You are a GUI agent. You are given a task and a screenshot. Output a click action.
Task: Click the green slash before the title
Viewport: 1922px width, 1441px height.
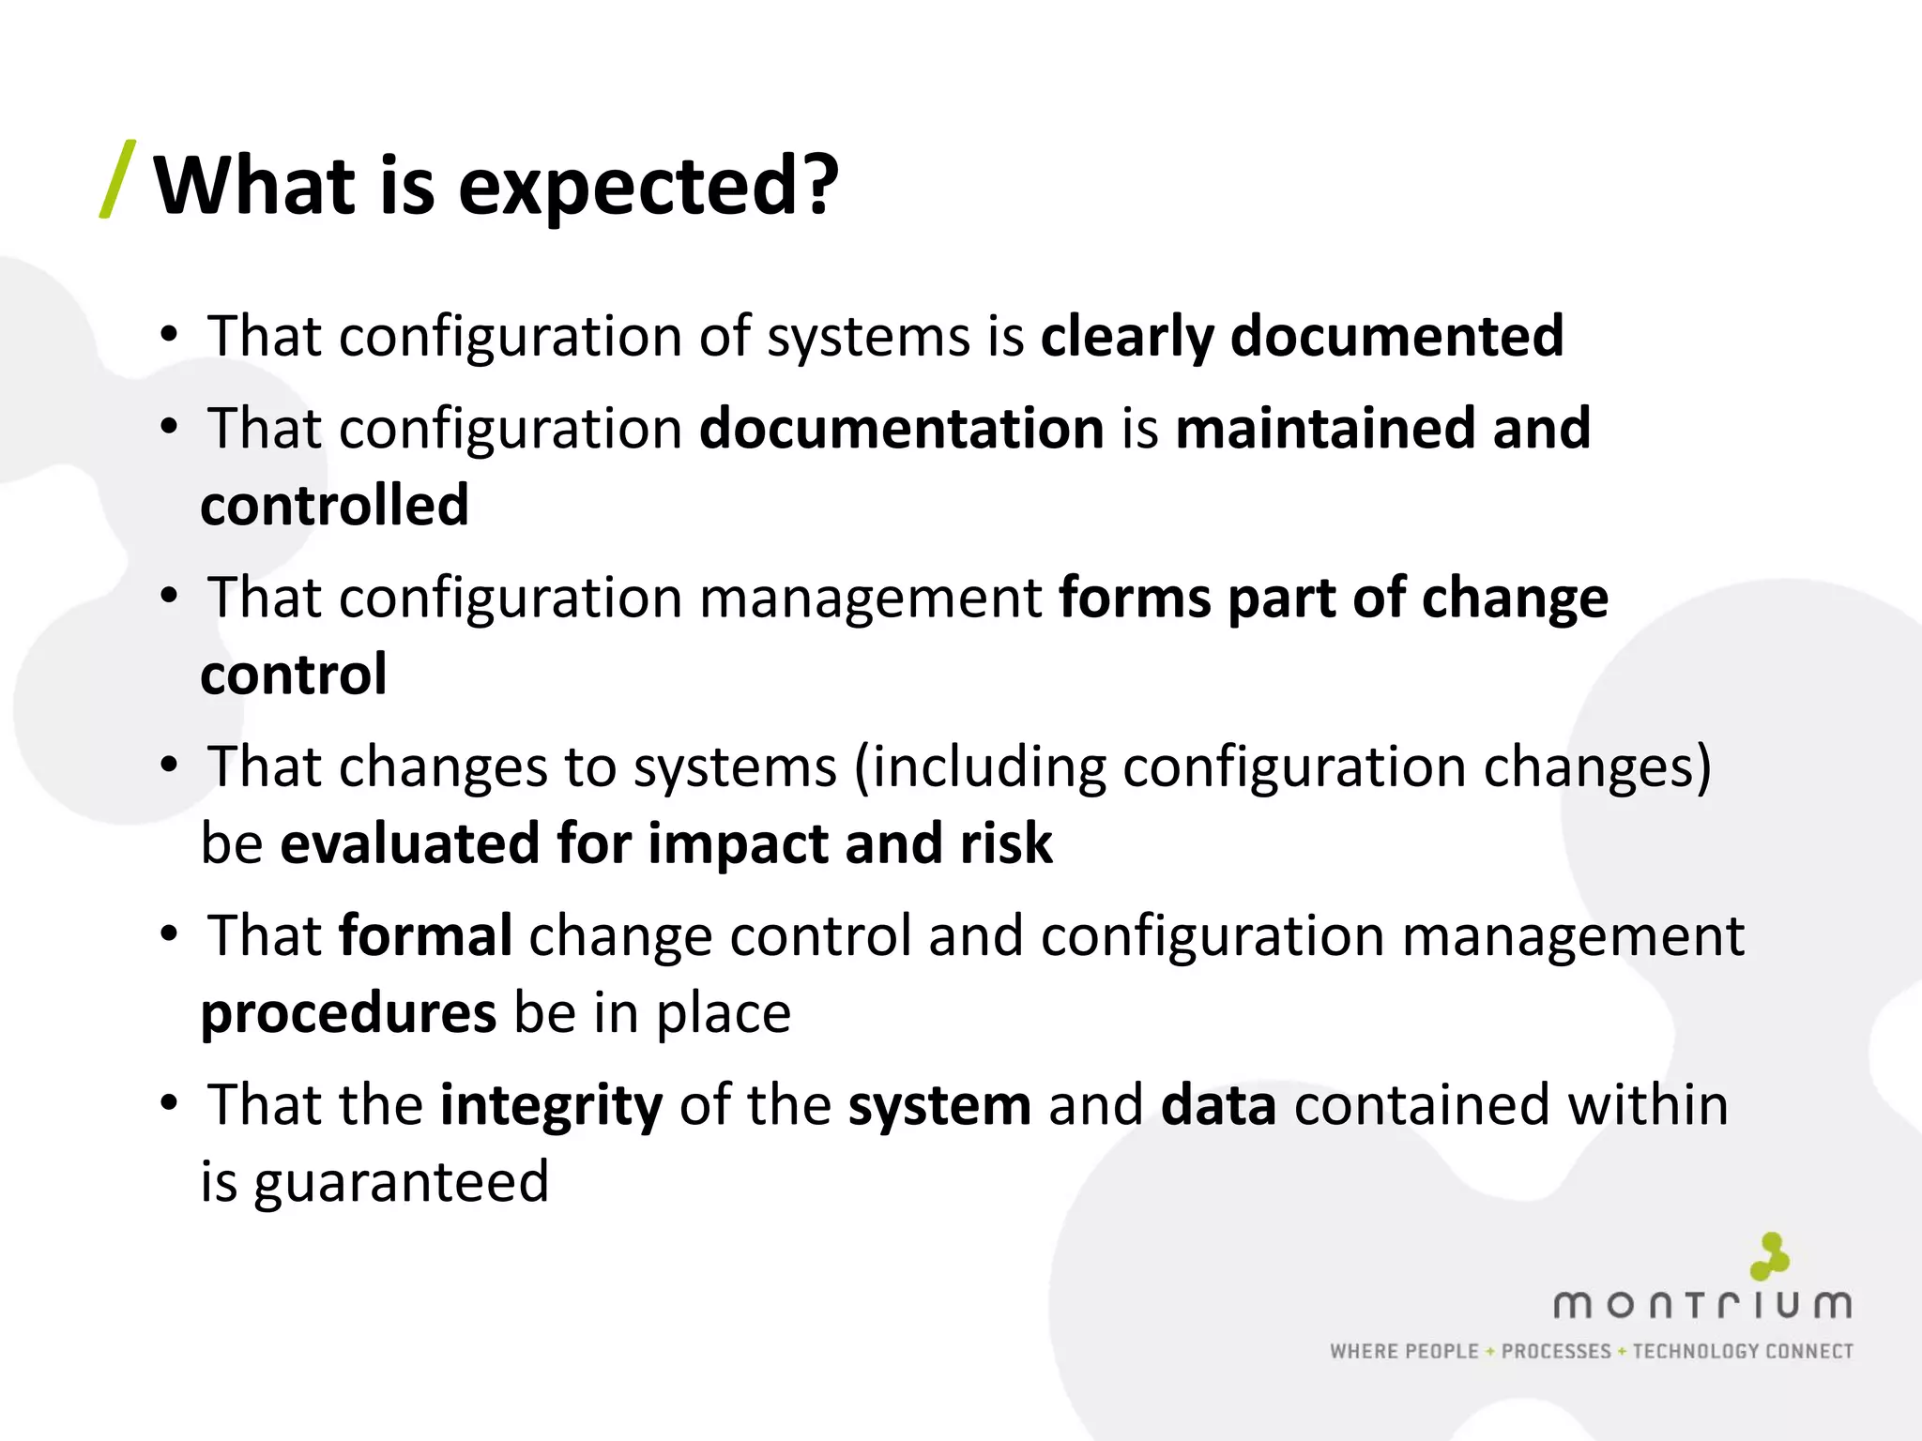pos(118,179)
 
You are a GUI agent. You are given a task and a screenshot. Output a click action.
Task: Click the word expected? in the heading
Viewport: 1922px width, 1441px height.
pos(648,186)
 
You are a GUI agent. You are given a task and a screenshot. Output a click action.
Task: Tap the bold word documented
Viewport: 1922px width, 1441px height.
pos(1396,336)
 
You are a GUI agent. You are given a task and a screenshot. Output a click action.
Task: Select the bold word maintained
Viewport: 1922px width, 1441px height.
pos(1324,429)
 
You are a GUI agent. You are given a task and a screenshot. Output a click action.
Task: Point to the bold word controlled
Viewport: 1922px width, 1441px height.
pos(334,506)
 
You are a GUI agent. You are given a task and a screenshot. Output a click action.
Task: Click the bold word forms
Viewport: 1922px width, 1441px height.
pos(1134,598)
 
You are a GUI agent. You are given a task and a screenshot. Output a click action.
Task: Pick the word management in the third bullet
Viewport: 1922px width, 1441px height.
pos(870,598)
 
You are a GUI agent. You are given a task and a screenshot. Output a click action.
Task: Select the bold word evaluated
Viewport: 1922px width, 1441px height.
pos(409,843)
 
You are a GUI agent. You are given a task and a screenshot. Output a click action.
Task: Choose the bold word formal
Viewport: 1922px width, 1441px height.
pos(425,936)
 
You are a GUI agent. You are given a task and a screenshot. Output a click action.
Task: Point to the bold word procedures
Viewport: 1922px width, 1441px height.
pos(348,1013)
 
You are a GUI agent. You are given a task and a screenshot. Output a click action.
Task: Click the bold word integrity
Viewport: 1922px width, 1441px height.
pos(551,1105)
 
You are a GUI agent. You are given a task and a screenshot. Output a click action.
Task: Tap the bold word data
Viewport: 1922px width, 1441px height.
pos(1218,1105)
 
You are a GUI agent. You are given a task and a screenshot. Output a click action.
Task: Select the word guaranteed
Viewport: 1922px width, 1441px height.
pos(401,1182)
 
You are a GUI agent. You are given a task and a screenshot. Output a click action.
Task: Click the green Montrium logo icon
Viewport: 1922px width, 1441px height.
pos(1769,1256)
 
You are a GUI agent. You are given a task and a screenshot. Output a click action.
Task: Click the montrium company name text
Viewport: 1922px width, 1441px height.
pos(1701,1305)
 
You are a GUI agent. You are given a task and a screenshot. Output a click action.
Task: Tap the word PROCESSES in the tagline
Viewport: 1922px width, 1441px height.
pos(1556,1351)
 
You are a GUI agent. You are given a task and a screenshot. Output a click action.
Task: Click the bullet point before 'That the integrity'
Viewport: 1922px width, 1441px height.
pos(169,1102)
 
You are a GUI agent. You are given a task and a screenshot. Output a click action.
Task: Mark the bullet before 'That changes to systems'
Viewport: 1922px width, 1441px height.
pos(169,765)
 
